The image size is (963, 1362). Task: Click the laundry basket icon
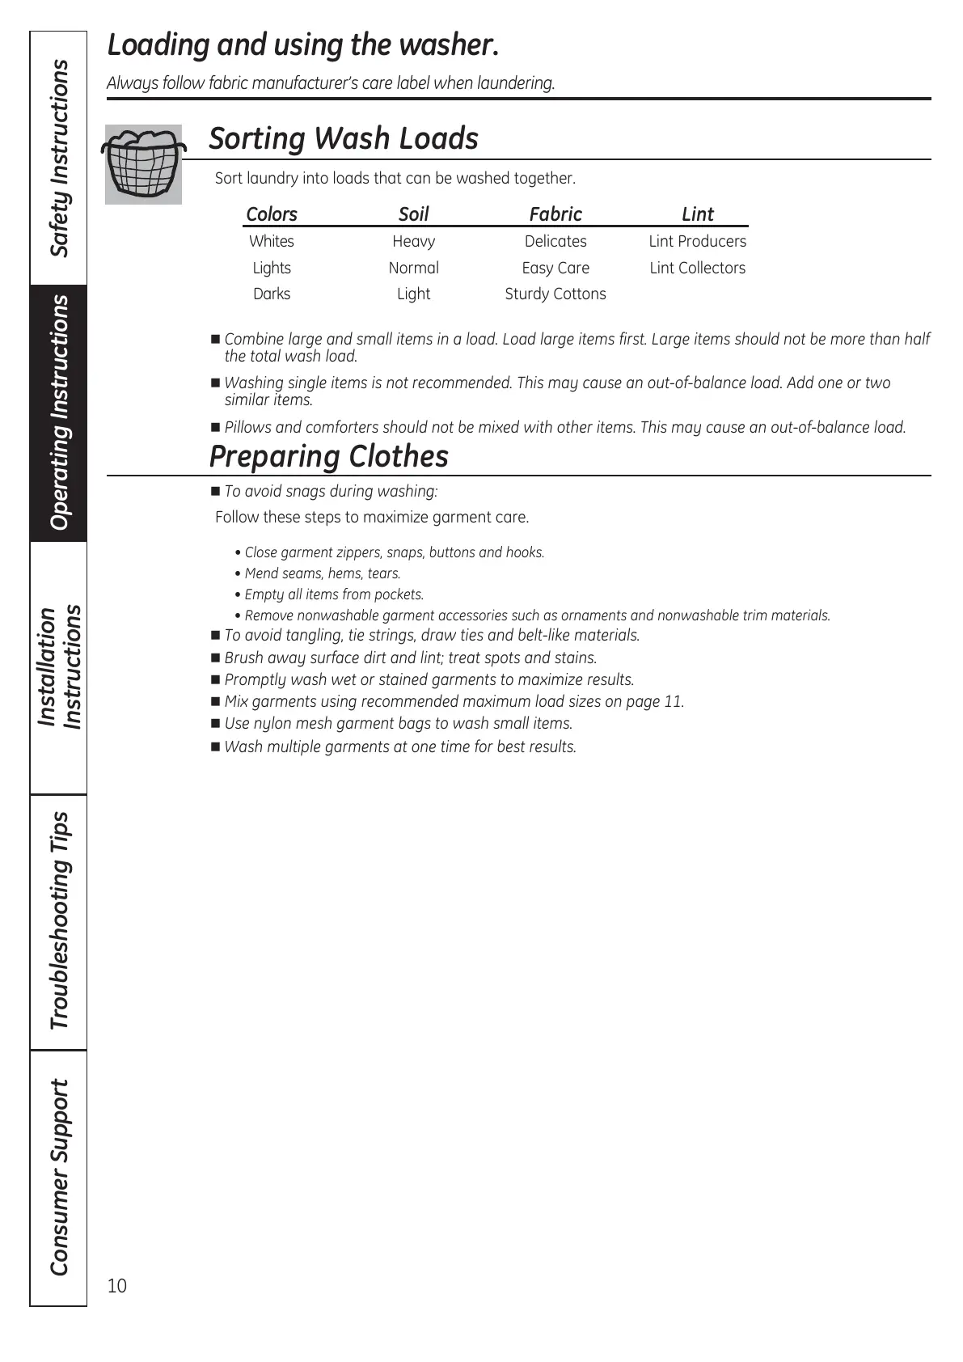[x=143, y=164]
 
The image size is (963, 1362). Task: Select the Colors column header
[x=271, y=214]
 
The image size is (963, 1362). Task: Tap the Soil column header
[x=413, y=214]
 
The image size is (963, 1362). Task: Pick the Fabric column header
[x=555, y=214]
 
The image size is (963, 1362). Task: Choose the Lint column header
[x=697, y=214]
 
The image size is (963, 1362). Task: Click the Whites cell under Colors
[x=271, y=241]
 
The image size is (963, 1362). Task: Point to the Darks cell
[x=271, y=294]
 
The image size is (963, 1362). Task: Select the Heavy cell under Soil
[x=413, y=241]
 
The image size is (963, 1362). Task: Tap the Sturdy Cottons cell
[x=555, y=294]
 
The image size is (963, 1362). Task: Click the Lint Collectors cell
[x=697, y=268]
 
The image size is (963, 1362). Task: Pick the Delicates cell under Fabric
[x=555, y=241]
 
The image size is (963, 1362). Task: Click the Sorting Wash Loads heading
[x=344, y=138]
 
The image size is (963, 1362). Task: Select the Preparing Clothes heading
[x=328, y=457]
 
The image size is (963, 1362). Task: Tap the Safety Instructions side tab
[x=59, y=159]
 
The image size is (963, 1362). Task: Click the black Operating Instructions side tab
[x=59, y=412]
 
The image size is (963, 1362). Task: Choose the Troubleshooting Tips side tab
[x=59, y=920]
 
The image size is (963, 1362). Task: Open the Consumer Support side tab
[x=59, y=1177]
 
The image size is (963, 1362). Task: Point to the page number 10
[x=117, y=1286]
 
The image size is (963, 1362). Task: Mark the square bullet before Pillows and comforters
[x=215, y=427]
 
